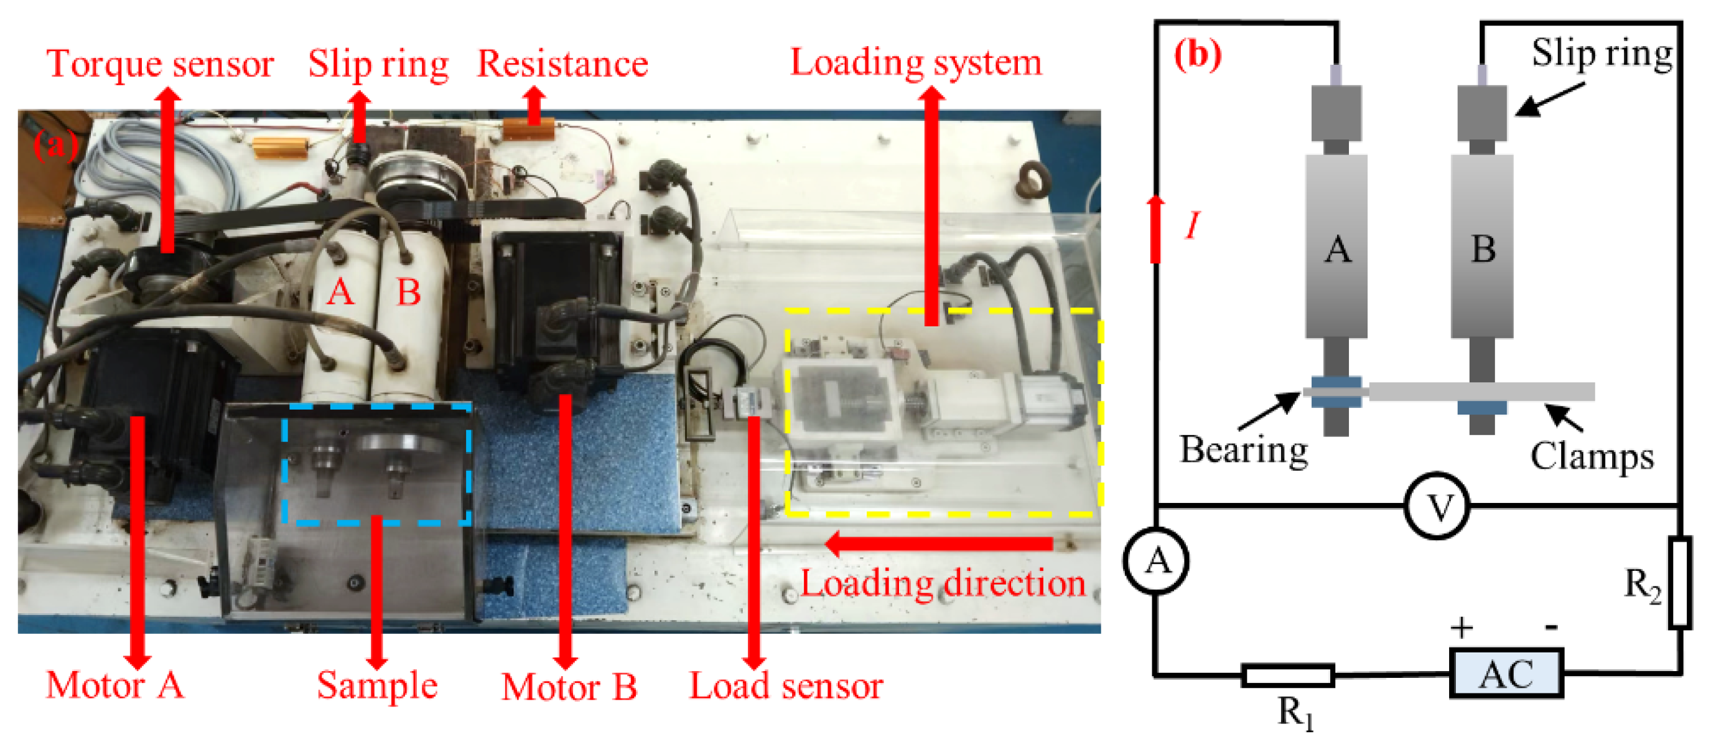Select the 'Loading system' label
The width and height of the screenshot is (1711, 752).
pyautogui.click(x=915, y=62)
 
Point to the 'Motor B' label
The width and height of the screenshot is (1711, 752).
pyautogui.click(x=569, y=687)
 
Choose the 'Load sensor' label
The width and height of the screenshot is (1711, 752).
pyautogui.click(x=785, y=685)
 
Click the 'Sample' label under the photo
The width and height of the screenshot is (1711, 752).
pyautogui.click(x=376, y=685)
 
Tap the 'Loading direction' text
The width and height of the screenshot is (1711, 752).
pyautogui.click(x=942, y=583)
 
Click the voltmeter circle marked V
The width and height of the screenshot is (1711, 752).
pyautogui.click(x=1437, y=507)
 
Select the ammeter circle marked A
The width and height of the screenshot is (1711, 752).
pyautogui.click(x=1156, y=561)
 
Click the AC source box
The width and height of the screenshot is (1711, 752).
pyautogui.click(x=1506, y=674)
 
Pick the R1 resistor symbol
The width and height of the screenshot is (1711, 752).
pyautogui.click(x=1287, y=675)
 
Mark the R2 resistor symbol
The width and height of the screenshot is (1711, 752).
pyautogui.click(x=1680, y=583)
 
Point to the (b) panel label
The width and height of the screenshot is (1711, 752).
pyautogui.click(x=1197, y=55)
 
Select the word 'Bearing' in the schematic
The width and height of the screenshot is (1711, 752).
pyautogui.click(x=1243, y=449)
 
